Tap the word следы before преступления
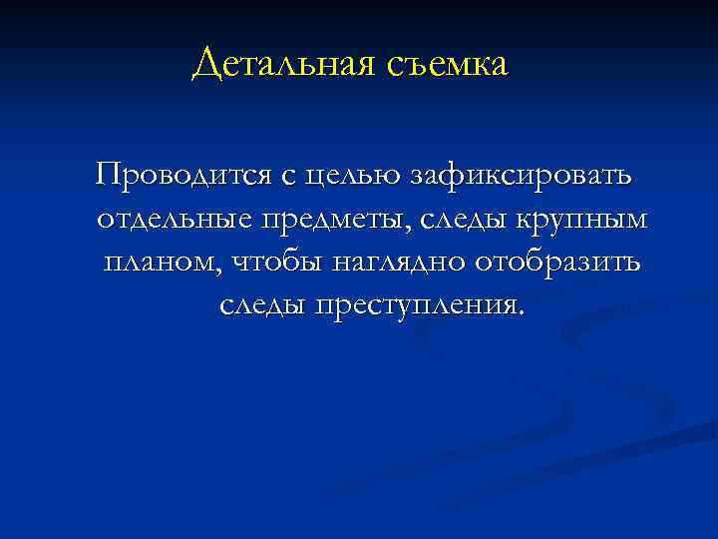coord(261,305)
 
